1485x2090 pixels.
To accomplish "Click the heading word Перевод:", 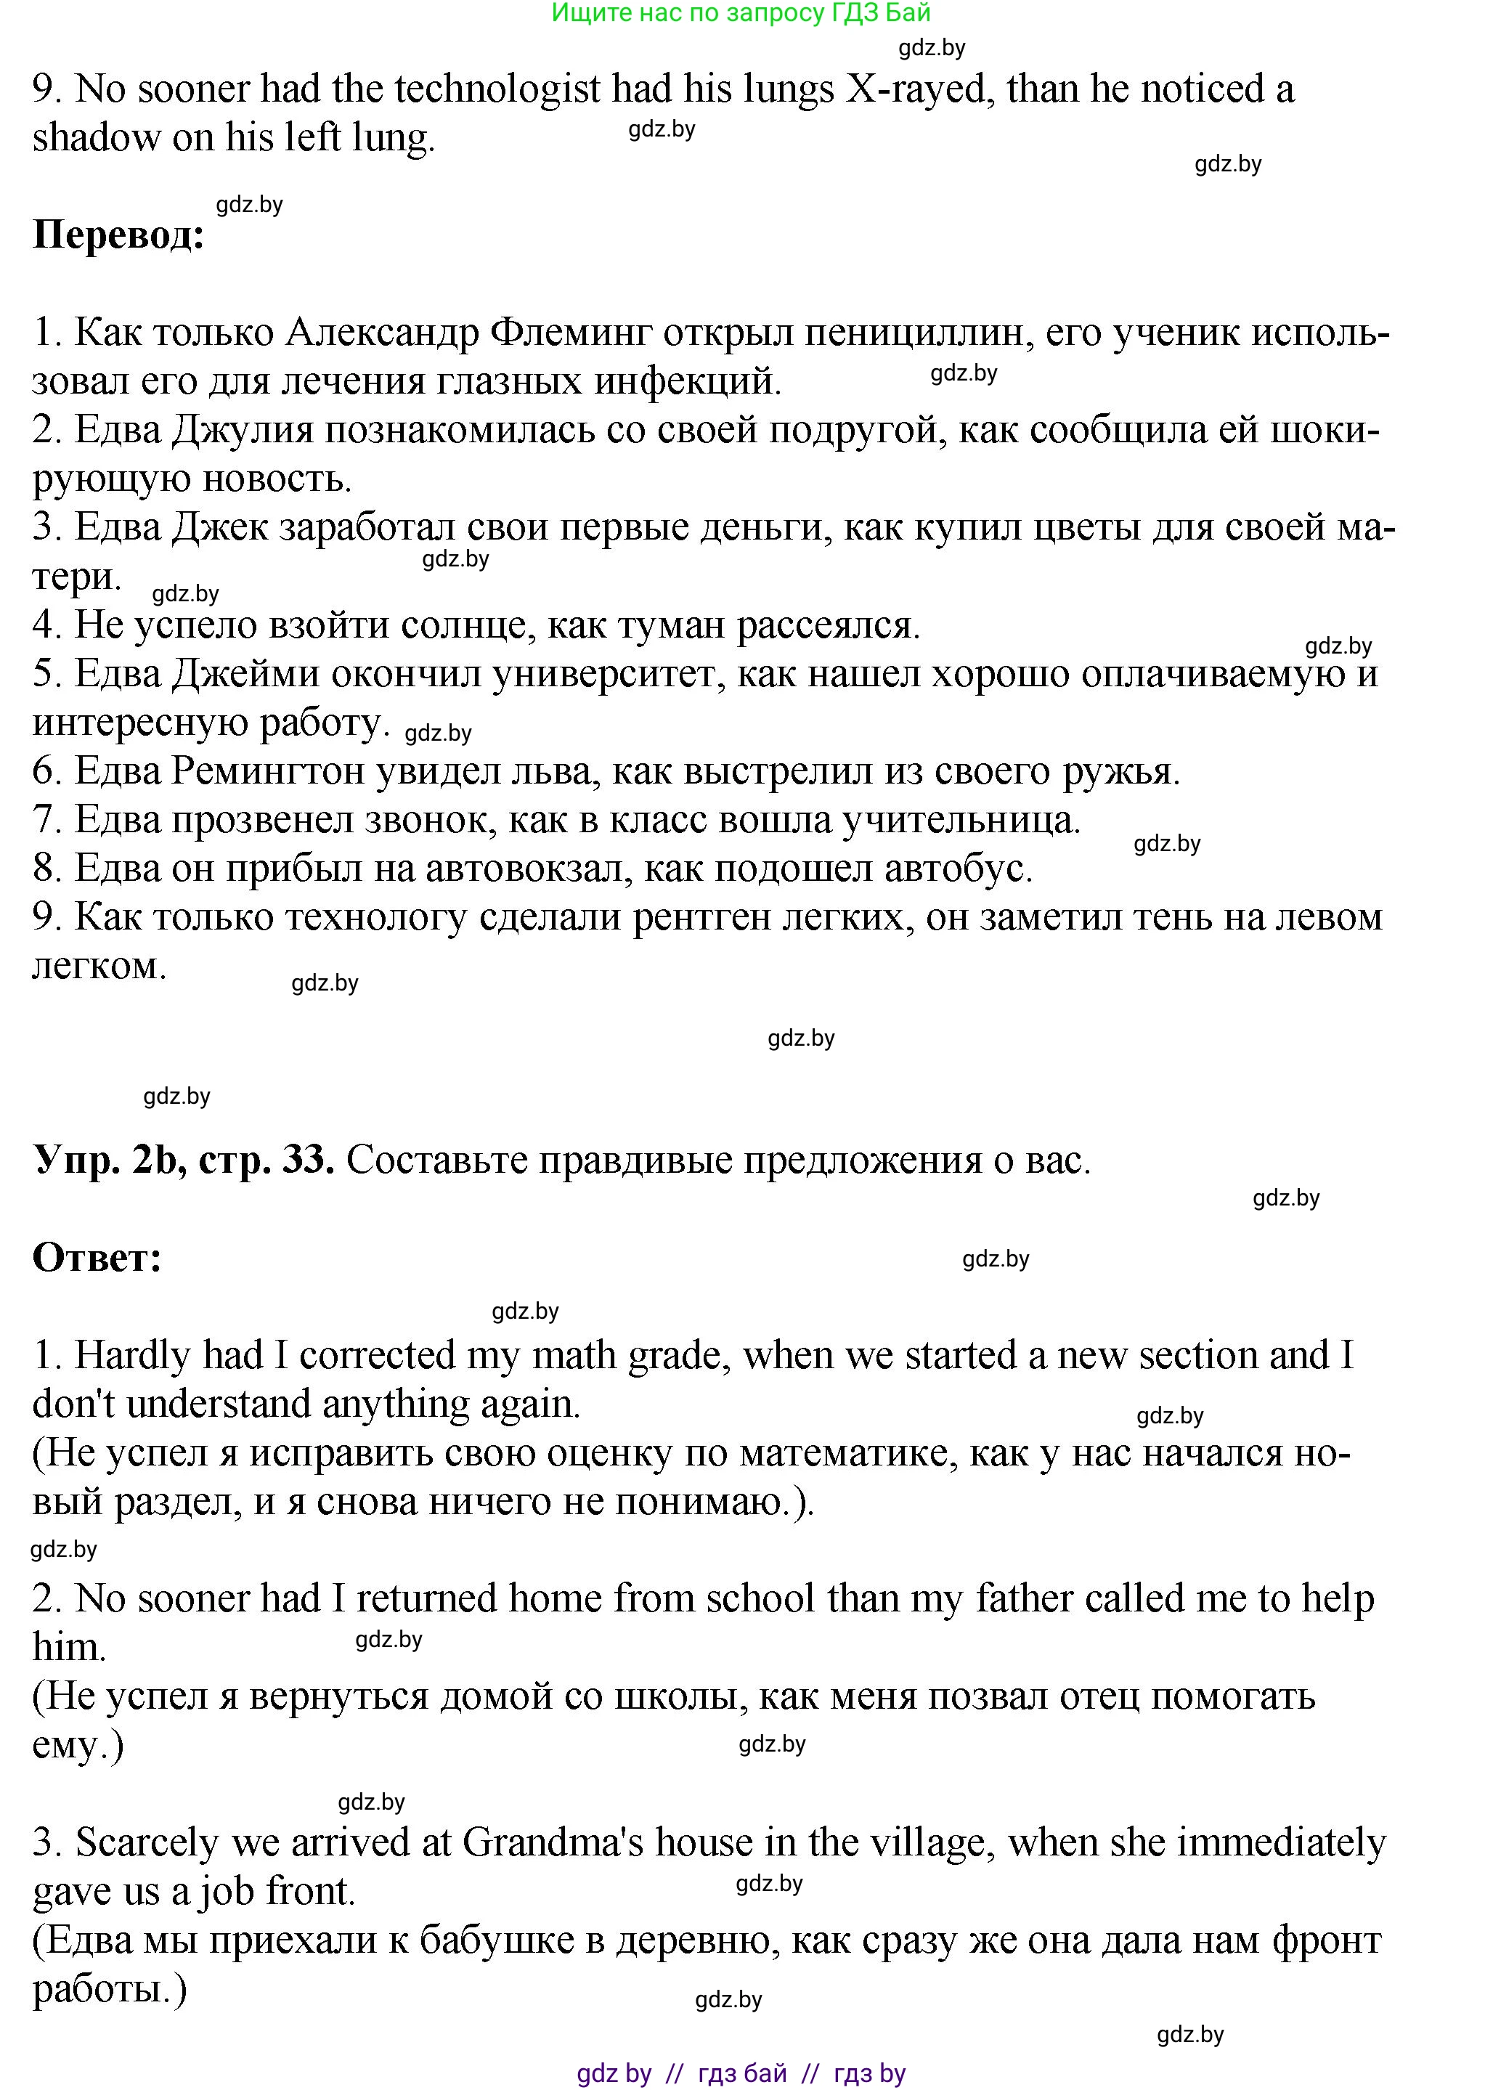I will point(119,236).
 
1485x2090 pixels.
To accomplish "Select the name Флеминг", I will point(571,333).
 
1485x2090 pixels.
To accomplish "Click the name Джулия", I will point(243,430).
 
